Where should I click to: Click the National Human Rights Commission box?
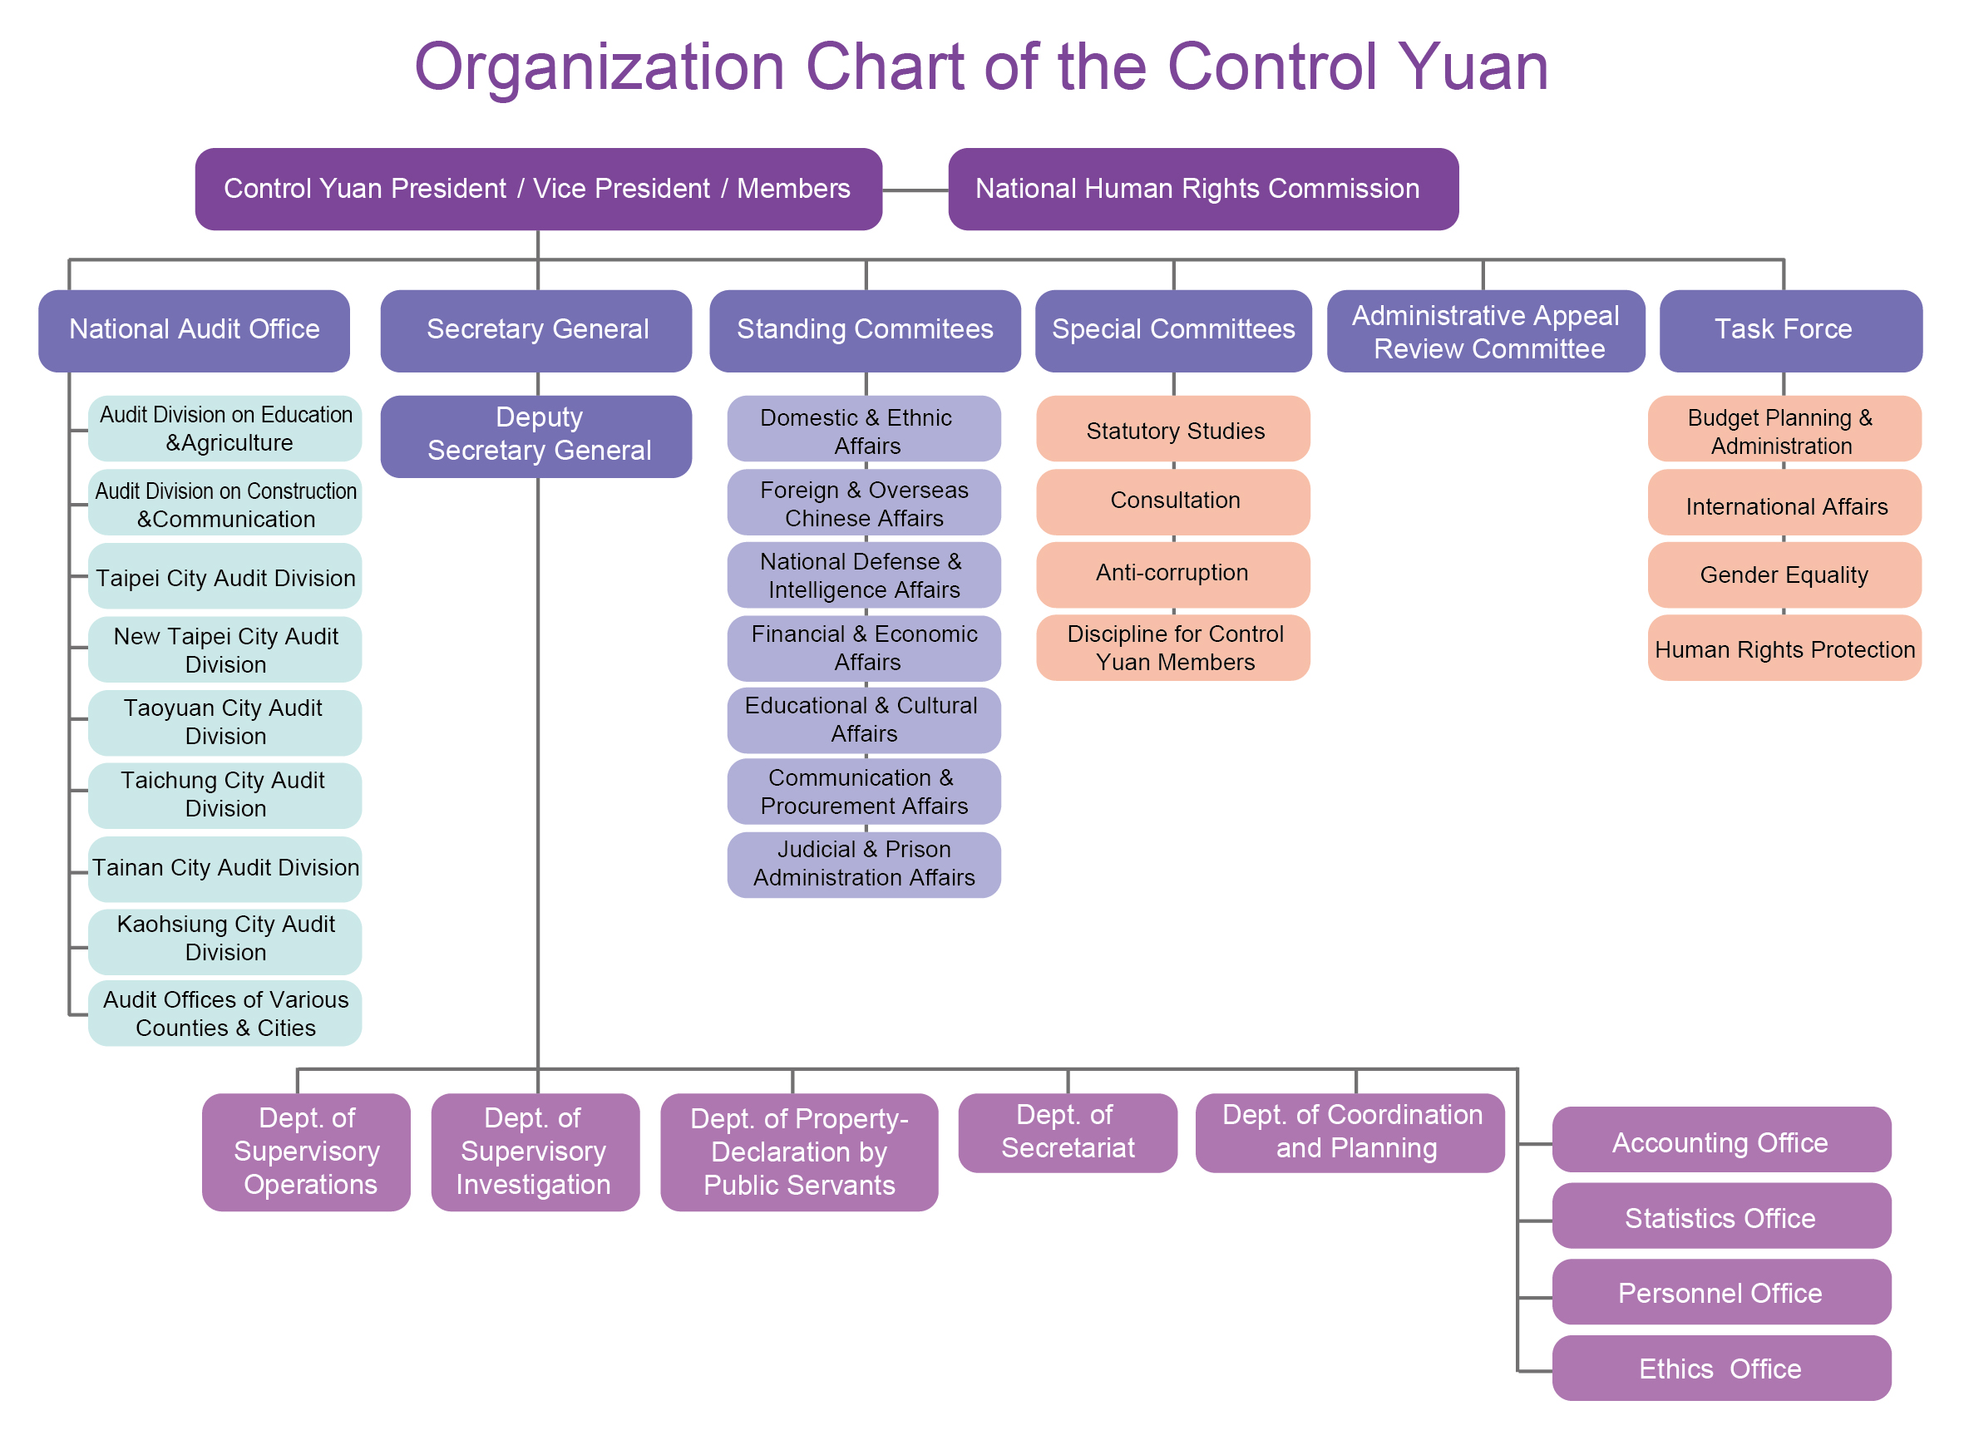click(x=1203, y=189)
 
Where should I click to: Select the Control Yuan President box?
click(x=538, y=189)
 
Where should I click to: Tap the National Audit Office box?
click(x=195, y=331)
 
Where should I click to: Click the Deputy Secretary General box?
click(x=536, y=436)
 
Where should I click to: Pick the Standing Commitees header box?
click(x=864, y=331)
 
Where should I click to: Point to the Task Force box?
click(x=1790, y=331)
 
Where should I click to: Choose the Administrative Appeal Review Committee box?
click(x=1485, y=331)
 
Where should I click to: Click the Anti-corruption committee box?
click(x=1172, y=574)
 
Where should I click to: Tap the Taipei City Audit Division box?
click(x=225, y=577)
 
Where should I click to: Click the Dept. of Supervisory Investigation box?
click(x=535, y=1152)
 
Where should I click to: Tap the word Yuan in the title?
click(x=1473, y=67)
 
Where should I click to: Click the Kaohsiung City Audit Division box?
click(x=225, y=941)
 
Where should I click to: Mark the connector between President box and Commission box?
click(x=915, y=190)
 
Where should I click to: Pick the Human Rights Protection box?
click(x=1784, y=649)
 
